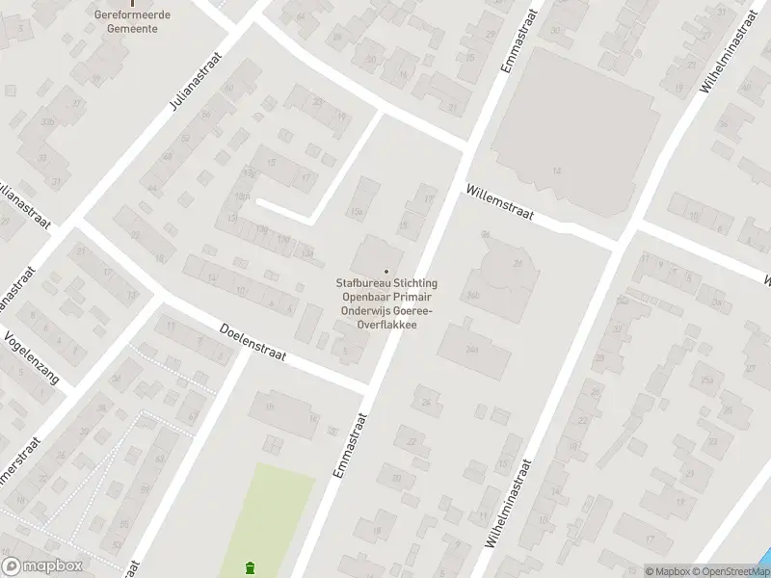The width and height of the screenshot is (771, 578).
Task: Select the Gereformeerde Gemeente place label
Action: click(132, 21)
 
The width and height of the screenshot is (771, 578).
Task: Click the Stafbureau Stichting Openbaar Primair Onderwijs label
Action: click(386, 303)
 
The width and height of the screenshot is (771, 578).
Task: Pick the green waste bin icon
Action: click(252, 566)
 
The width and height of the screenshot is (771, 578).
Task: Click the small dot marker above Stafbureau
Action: click(386, 272)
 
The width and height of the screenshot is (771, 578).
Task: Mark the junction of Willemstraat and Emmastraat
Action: click(466, 149)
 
